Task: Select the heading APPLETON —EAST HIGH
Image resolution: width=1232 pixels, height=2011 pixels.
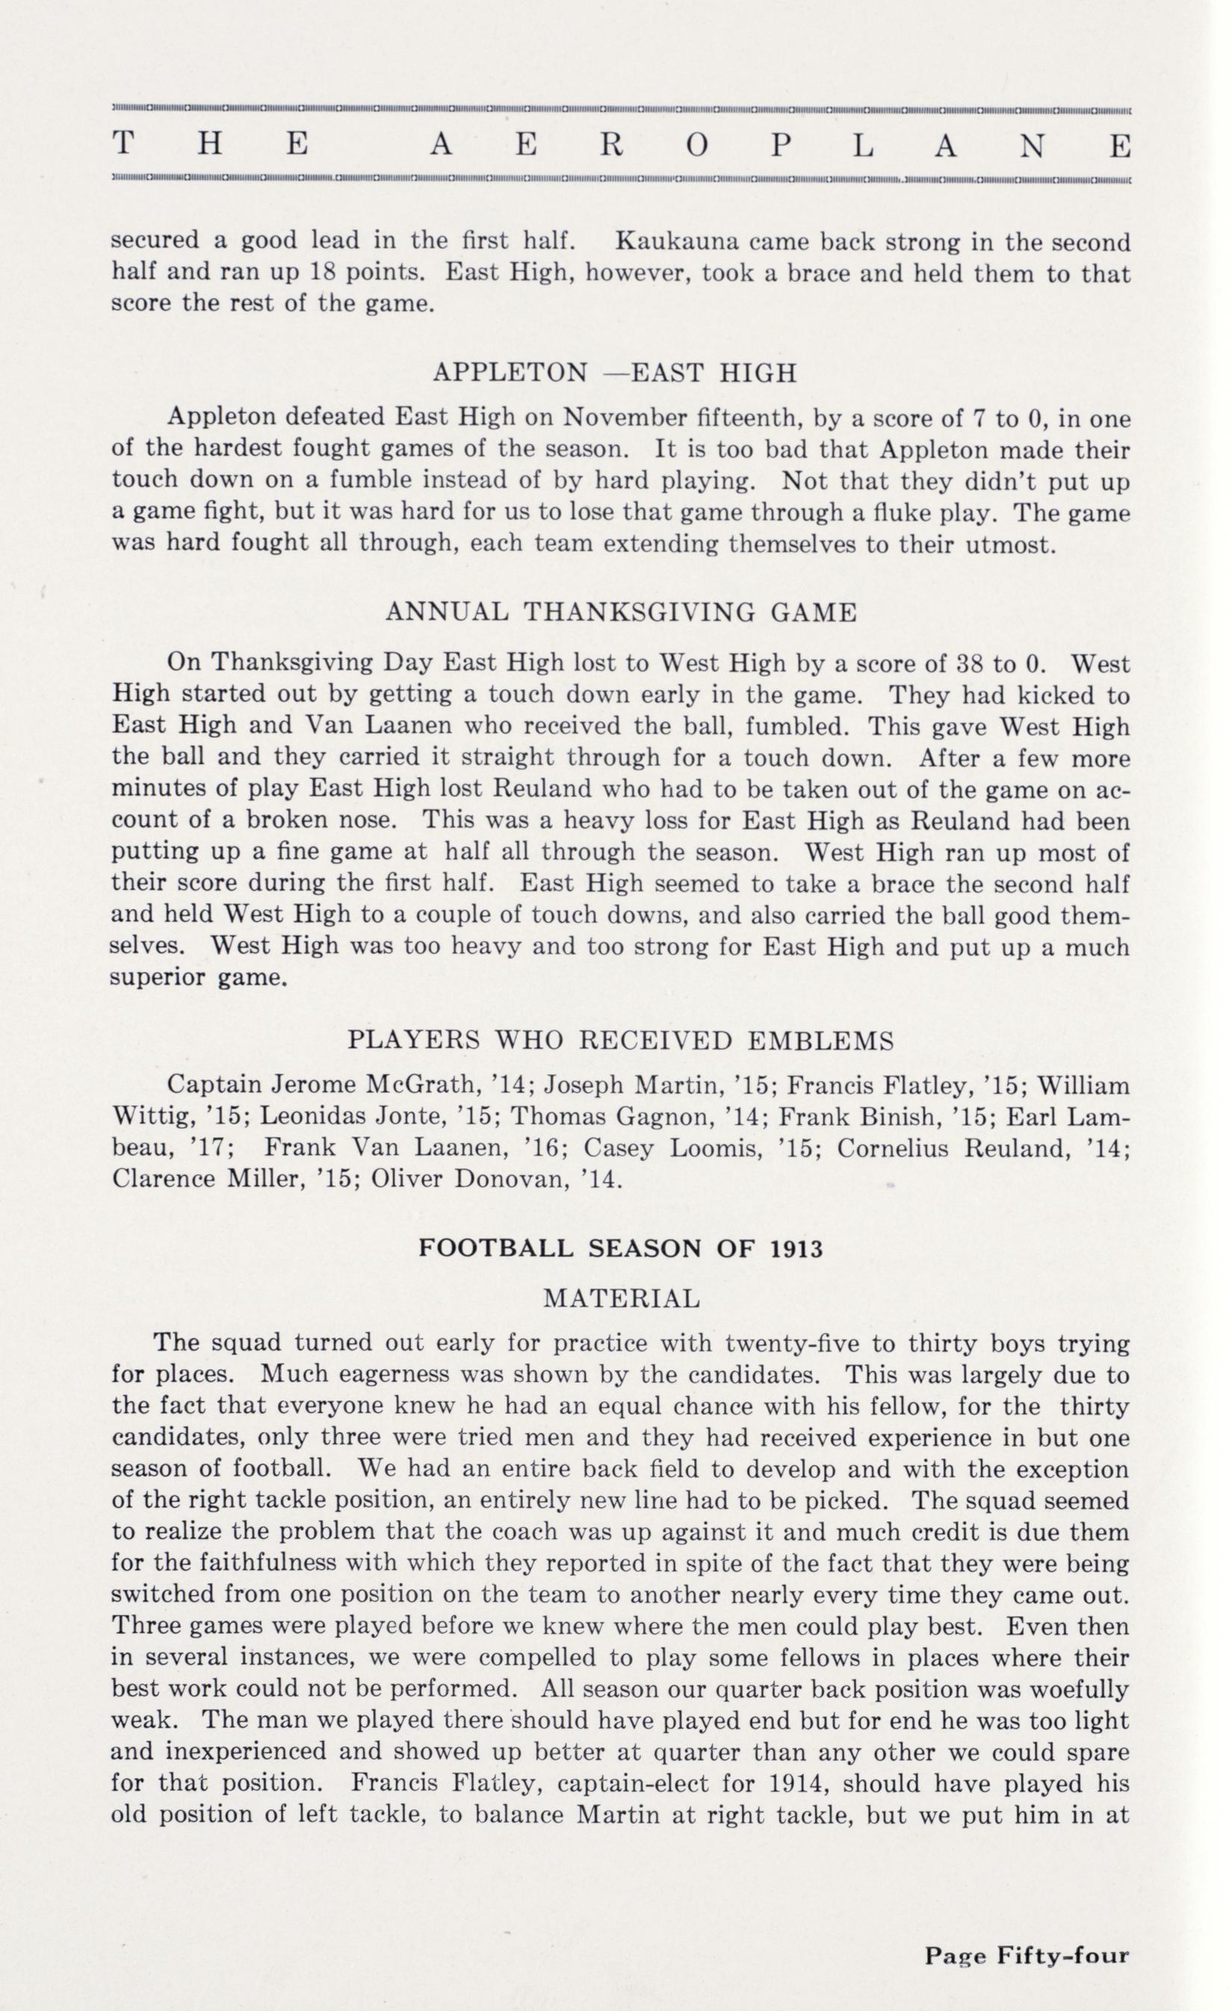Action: tap(615, 373)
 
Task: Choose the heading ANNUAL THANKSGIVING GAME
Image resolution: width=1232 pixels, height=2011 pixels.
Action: tap(621, 612)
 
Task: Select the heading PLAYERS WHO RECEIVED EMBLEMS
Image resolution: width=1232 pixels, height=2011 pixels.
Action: tap(621, 1041)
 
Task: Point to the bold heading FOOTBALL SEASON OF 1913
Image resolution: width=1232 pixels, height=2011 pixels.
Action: tap(621, 1250)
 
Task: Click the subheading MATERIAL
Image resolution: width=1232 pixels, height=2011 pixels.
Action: tap(621, 1298)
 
